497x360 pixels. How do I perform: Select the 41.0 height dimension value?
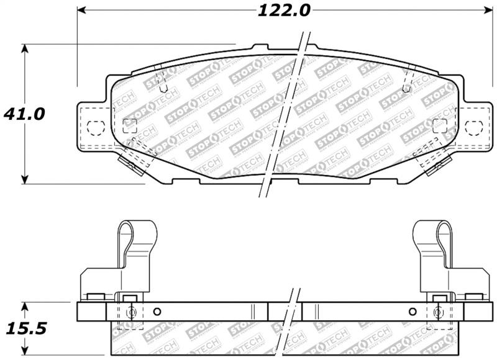pyautogui.click(x=24, y=114)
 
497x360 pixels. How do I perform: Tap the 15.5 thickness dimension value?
pyautogui.click(x=24, y=328)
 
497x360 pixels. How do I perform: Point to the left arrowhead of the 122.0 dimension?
pyautogui.click(x=81, y=11)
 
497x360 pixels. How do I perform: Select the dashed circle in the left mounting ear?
pyautogui.click(x=94, y=127)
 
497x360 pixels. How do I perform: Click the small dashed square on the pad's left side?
pyautogui.click(x=130, y=125)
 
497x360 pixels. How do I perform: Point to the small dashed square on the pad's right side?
pyautogui.click(x=439, y=125)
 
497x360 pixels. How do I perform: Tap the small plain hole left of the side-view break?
pyautogui.click(x=157, y=312)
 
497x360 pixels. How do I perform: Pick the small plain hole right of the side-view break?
pyautogui.click(x=412, y=312)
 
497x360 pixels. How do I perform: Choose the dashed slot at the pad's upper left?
pyautogui.click(x=160, y=79)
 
